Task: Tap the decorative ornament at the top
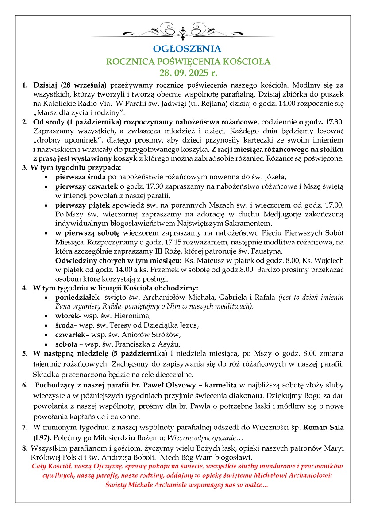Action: point(183,32)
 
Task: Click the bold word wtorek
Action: point(67,316)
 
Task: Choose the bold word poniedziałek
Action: point(78,297)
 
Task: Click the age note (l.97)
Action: point(43,437)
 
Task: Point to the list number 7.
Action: point(25,427)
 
